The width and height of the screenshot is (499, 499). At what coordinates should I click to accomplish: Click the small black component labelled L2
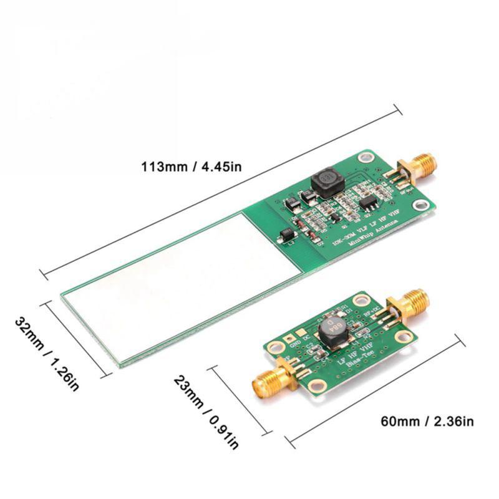(x=288, y=235)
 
